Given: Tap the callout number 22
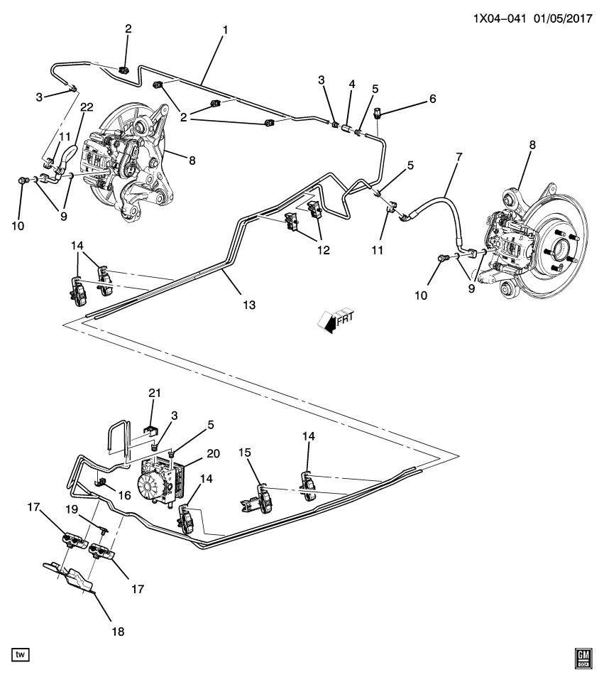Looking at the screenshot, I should pyautogui.click(x=87, y=107).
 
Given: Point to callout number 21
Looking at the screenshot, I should pyautogui.click(x=155, y=394).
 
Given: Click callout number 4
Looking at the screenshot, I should pyautogui.click(x=351, y=85).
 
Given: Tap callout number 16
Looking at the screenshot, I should pyautogui.click(x=126, y=494).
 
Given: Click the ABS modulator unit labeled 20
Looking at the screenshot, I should pyautogui.click(x=163, y=480).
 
